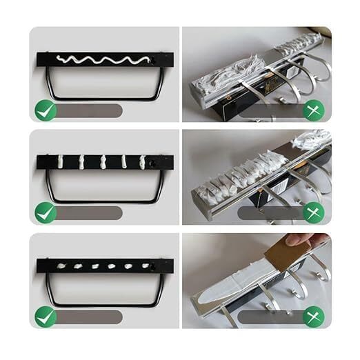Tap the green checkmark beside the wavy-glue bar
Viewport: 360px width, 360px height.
(46, 110)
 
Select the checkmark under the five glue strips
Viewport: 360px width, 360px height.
(46, 213)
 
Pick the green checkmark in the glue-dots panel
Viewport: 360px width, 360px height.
(46, 317)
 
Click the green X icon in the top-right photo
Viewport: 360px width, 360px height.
(314, 110)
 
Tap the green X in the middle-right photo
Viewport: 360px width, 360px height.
(314, 213)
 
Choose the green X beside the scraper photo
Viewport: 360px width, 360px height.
(314, 317)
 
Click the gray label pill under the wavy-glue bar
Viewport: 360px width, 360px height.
(90, 110)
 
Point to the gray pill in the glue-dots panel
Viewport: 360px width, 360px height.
(90, 317)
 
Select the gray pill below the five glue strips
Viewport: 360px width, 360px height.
(90, 213)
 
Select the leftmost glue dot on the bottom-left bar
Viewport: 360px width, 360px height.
(61, 266)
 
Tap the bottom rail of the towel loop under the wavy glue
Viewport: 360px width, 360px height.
(103, 100)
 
